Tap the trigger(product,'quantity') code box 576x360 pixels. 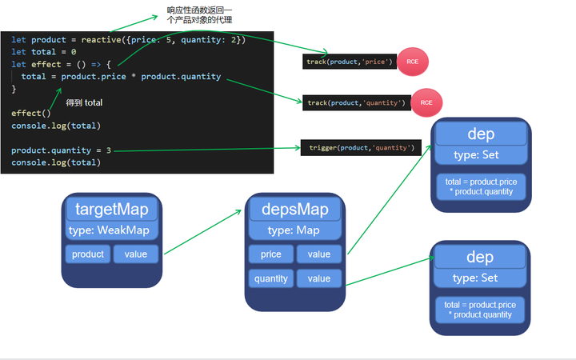(x=361, y=148)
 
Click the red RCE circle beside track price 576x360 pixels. (x=413, y=62)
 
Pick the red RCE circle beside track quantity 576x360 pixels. (x=426, y=102)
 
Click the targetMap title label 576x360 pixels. (x=111, y=210)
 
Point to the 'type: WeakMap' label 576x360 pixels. (x=111, y=230)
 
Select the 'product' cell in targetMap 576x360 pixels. (x=88, y=254)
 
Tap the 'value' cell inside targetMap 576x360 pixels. (x=135, y=254)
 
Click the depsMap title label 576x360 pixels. (x=294, y=210)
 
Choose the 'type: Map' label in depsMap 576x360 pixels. (x=294, y=230)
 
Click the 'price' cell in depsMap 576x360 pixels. (x=271, y=254)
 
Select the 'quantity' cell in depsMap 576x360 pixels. (x=271, y=278)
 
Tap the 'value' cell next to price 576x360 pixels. (x=318, y=254)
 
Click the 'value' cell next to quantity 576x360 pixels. (x=318, y=278)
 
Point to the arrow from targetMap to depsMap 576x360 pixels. (x=204, y=233)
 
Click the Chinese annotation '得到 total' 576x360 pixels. (x=84, y=103)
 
